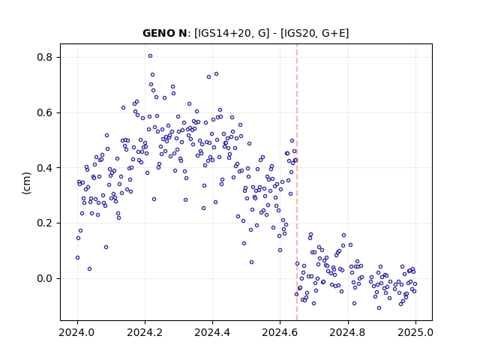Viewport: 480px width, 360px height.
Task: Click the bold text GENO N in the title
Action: click(165, 33)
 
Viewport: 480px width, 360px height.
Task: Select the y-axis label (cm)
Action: click(27, 183)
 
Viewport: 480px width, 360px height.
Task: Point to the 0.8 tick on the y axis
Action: click(45, 57)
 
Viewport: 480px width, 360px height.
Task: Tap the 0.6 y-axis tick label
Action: click(45, 112)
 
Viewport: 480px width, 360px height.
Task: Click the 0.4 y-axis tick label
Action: click(45, 168)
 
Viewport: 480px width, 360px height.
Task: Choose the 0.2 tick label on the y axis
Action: click(45, 223)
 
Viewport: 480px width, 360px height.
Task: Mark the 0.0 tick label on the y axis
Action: click(45, 278)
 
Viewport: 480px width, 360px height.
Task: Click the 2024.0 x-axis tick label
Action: click(77, 332)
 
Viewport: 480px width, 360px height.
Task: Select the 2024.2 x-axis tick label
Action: click(145, 332)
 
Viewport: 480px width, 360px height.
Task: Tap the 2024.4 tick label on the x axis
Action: click(212, 332)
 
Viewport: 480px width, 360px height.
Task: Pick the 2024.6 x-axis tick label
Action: click(280, 332)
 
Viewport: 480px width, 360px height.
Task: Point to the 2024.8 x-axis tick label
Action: click(348, 332)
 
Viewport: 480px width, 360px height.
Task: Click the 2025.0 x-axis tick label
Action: click(415, 332)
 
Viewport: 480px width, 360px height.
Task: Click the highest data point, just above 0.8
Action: click(150, 56)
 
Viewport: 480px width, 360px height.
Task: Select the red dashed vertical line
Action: click(297, 182)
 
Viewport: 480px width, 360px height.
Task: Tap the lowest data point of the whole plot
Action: click(379, 308)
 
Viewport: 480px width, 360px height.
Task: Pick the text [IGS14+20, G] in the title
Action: click(232, 33)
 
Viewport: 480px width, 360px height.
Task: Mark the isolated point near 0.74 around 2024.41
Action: click(216, 74)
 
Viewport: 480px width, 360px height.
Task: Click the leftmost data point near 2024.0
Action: click(77, 258)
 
